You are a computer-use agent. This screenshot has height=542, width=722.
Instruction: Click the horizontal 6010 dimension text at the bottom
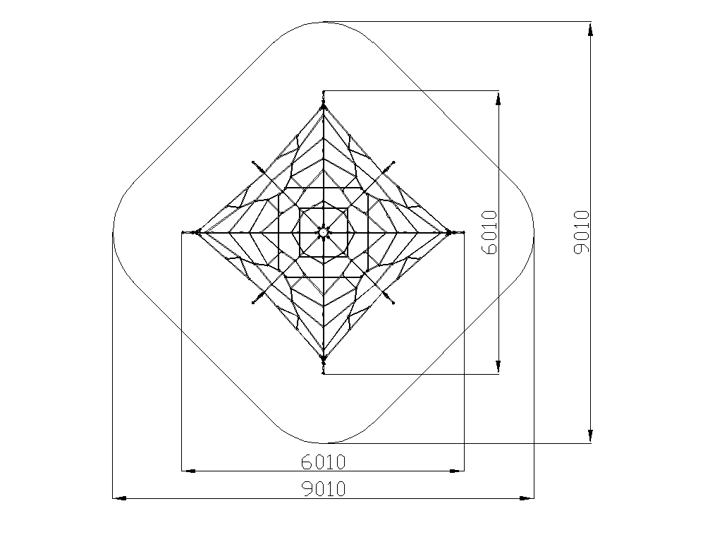(323, 462)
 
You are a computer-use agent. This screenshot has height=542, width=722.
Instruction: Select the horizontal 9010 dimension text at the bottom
(323, 488)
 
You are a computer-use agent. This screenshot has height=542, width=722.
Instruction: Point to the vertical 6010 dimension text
(489, 232)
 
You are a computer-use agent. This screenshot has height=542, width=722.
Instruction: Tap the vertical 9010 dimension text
(582, 231)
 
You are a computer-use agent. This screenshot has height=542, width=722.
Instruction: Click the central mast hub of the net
(323, 232)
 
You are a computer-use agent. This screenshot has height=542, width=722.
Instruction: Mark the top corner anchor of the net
(323, 107)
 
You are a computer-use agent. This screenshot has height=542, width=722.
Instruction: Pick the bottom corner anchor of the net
(323, 358)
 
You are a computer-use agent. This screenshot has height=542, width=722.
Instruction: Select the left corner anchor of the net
(197, 232)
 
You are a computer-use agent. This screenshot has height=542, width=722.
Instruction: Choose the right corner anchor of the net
(449, 232)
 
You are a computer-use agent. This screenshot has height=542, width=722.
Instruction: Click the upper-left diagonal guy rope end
(253, 162)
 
